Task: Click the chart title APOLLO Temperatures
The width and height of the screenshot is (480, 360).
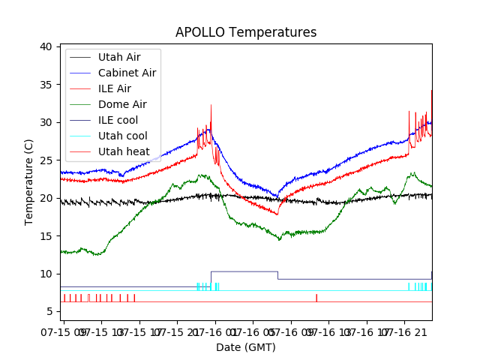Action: coord(245,32)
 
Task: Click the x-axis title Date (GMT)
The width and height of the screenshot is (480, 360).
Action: coord(245,347)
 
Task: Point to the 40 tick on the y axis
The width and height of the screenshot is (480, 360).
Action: coord(46,46)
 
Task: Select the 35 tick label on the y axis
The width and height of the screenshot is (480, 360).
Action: coord(46,85)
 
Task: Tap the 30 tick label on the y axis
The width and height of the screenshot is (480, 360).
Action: coord(46,122)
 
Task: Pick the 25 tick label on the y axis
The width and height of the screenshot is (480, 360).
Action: coord(46,160)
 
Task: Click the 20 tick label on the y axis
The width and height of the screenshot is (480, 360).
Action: coord(46,198)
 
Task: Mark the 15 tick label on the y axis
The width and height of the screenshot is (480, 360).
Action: coord(46,235)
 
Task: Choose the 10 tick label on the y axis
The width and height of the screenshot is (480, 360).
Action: coord(46,273)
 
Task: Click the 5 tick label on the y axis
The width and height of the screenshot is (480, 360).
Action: coord(49,311)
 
